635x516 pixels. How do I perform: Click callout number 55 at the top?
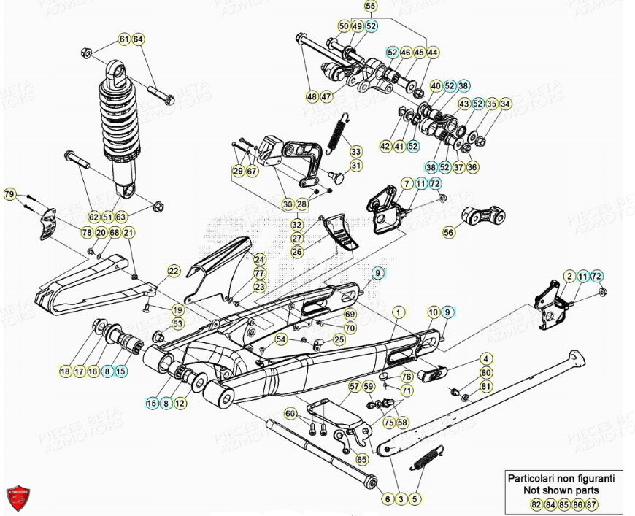click(371, 7)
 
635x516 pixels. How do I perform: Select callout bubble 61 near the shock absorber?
click(124, 39)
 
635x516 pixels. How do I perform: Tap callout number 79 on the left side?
click(9, 194)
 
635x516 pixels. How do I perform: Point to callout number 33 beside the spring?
click(355, 152)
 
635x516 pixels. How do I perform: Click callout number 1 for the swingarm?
click(398, 312)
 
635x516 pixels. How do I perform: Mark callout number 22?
click(173, 271)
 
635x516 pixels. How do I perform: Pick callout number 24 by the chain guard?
click(259, 260)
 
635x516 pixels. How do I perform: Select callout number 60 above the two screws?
click(290, 414)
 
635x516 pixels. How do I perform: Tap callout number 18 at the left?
click(66, 371)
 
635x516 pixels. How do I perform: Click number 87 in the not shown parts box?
click(591, 504)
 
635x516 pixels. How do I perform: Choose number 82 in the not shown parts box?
click(536, 504)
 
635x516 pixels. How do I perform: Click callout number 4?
click(485, 359)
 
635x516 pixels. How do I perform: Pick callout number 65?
click(361, 460)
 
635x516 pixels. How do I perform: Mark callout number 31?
click(355, 166)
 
